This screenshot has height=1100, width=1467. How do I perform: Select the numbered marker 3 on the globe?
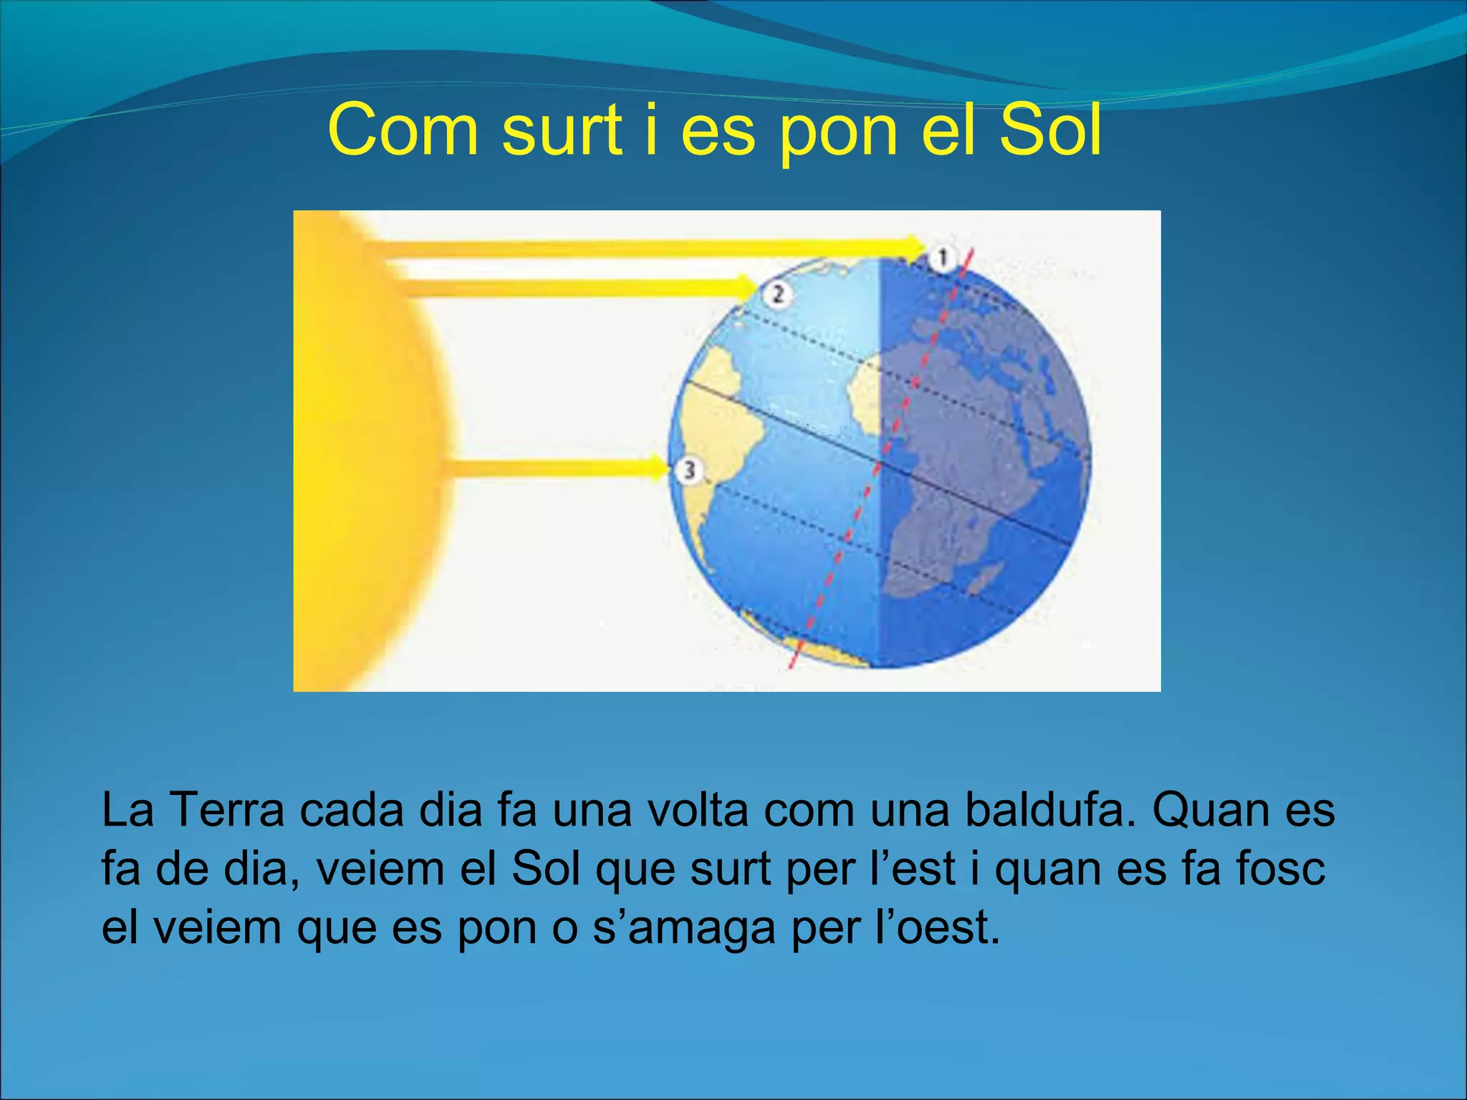click(688, 471)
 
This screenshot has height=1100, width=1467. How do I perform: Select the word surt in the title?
click(562, 130)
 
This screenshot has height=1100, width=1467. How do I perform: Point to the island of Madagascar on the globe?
click(985, 576)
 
